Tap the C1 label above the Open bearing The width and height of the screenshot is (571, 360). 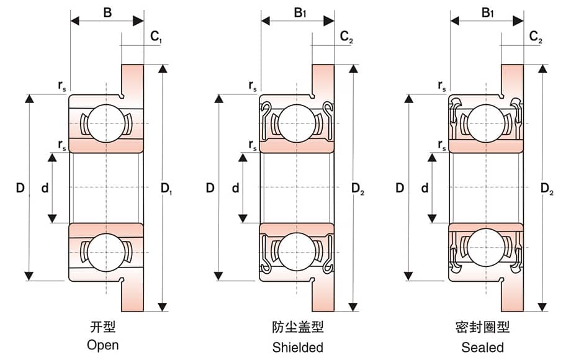click(x=156, y=37)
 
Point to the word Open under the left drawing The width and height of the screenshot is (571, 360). click(x=103, y=345)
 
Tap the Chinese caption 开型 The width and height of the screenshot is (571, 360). click(x=103, y=326)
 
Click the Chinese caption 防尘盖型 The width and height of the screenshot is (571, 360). click(x=297, y=326)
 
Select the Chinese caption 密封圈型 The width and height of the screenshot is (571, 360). click(x=482, y=326)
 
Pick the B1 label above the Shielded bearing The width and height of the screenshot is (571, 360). click(x=300, y=11)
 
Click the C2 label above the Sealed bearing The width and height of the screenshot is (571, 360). click(x=536, y=37)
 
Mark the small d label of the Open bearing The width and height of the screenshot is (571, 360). click(x=44, y=188)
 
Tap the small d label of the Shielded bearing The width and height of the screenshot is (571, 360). click(x=235, y=188)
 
